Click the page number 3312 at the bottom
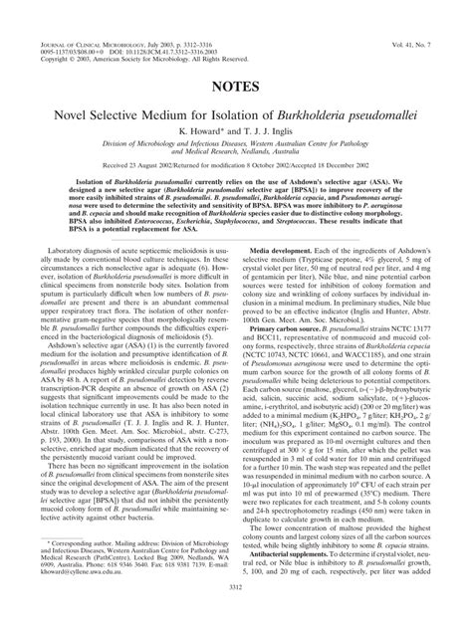[x=236, y=616]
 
